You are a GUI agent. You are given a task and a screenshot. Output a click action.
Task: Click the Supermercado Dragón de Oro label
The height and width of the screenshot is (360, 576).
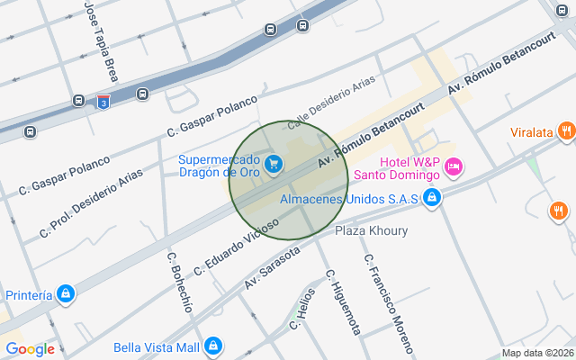pos(219,166)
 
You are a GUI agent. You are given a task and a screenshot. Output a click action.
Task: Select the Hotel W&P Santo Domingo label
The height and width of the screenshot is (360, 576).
pos(408,167)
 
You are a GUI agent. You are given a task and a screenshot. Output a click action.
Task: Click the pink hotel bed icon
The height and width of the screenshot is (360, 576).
pos(453,167)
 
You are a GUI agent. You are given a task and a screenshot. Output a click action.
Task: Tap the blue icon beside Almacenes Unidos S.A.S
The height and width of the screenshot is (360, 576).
pos(433,197)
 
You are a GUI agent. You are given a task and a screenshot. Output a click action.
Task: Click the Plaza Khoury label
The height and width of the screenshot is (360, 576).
pos(371,231)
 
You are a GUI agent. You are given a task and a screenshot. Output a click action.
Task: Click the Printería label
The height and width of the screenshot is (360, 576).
pos(29,294)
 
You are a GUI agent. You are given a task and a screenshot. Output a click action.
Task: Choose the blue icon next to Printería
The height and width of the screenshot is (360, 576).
pos(66,294)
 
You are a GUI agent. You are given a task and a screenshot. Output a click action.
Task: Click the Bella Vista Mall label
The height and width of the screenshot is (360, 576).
pos(156,347)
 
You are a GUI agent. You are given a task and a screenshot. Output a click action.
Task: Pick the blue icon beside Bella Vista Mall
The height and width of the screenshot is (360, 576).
pos(213,346)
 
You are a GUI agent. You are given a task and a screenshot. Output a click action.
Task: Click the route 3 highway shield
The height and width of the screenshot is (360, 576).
pos(105,102)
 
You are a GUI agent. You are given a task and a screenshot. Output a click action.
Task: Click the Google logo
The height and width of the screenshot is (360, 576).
pos(30,349)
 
